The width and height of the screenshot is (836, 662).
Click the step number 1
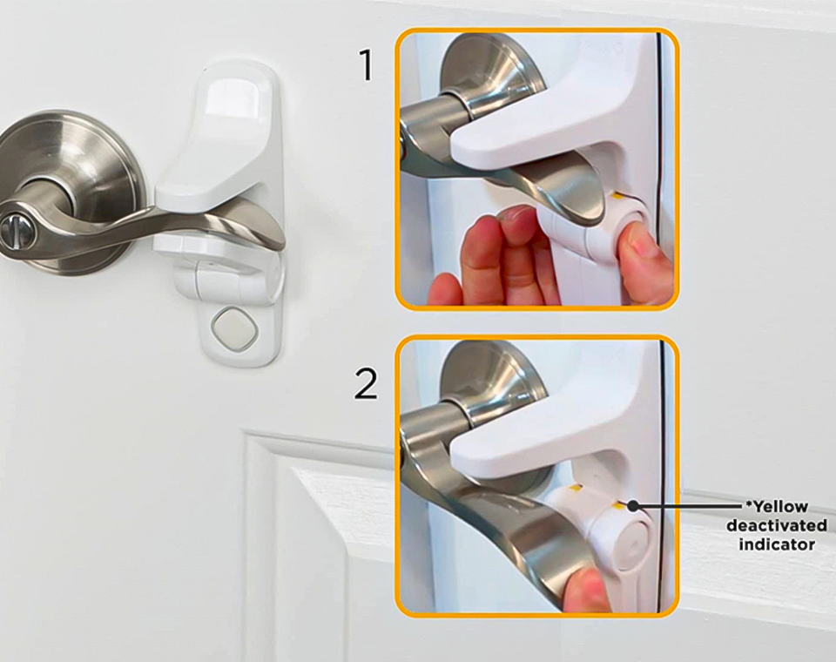[x=367, y=65]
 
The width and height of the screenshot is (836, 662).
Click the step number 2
[x=366, y=383]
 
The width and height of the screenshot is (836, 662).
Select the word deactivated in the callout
[x=777, y=525]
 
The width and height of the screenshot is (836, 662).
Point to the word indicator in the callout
[x=777, y=544]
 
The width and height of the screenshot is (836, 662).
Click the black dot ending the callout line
[x=633, y=504]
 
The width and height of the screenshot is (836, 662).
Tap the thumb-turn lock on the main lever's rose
[x=11, y=230]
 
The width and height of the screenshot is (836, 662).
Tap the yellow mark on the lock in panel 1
[x=618, y=195]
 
